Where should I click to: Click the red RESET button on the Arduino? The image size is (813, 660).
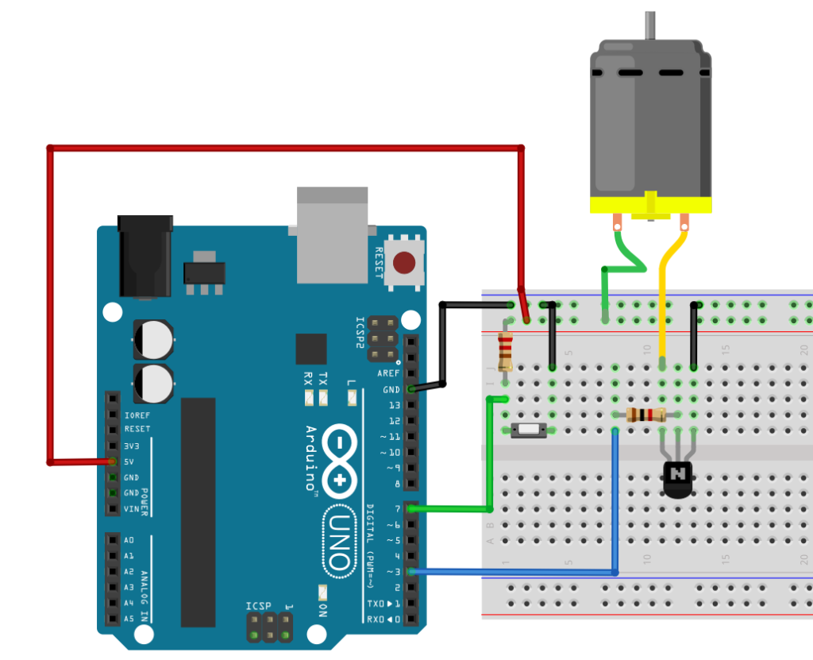406,261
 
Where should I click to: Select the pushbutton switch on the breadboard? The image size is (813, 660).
527,430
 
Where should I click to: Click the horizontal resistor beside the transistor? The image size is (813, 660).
645,415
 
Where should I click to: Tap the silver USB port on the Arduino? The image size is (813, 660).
332,234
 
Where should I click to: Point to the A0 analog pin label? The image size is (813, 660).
129,540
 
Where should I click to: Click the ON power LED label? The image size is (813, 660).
323,610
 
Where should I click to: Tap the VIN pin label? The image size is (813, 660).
131,509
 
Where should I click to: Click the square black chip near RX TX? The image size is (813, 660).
311,349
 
